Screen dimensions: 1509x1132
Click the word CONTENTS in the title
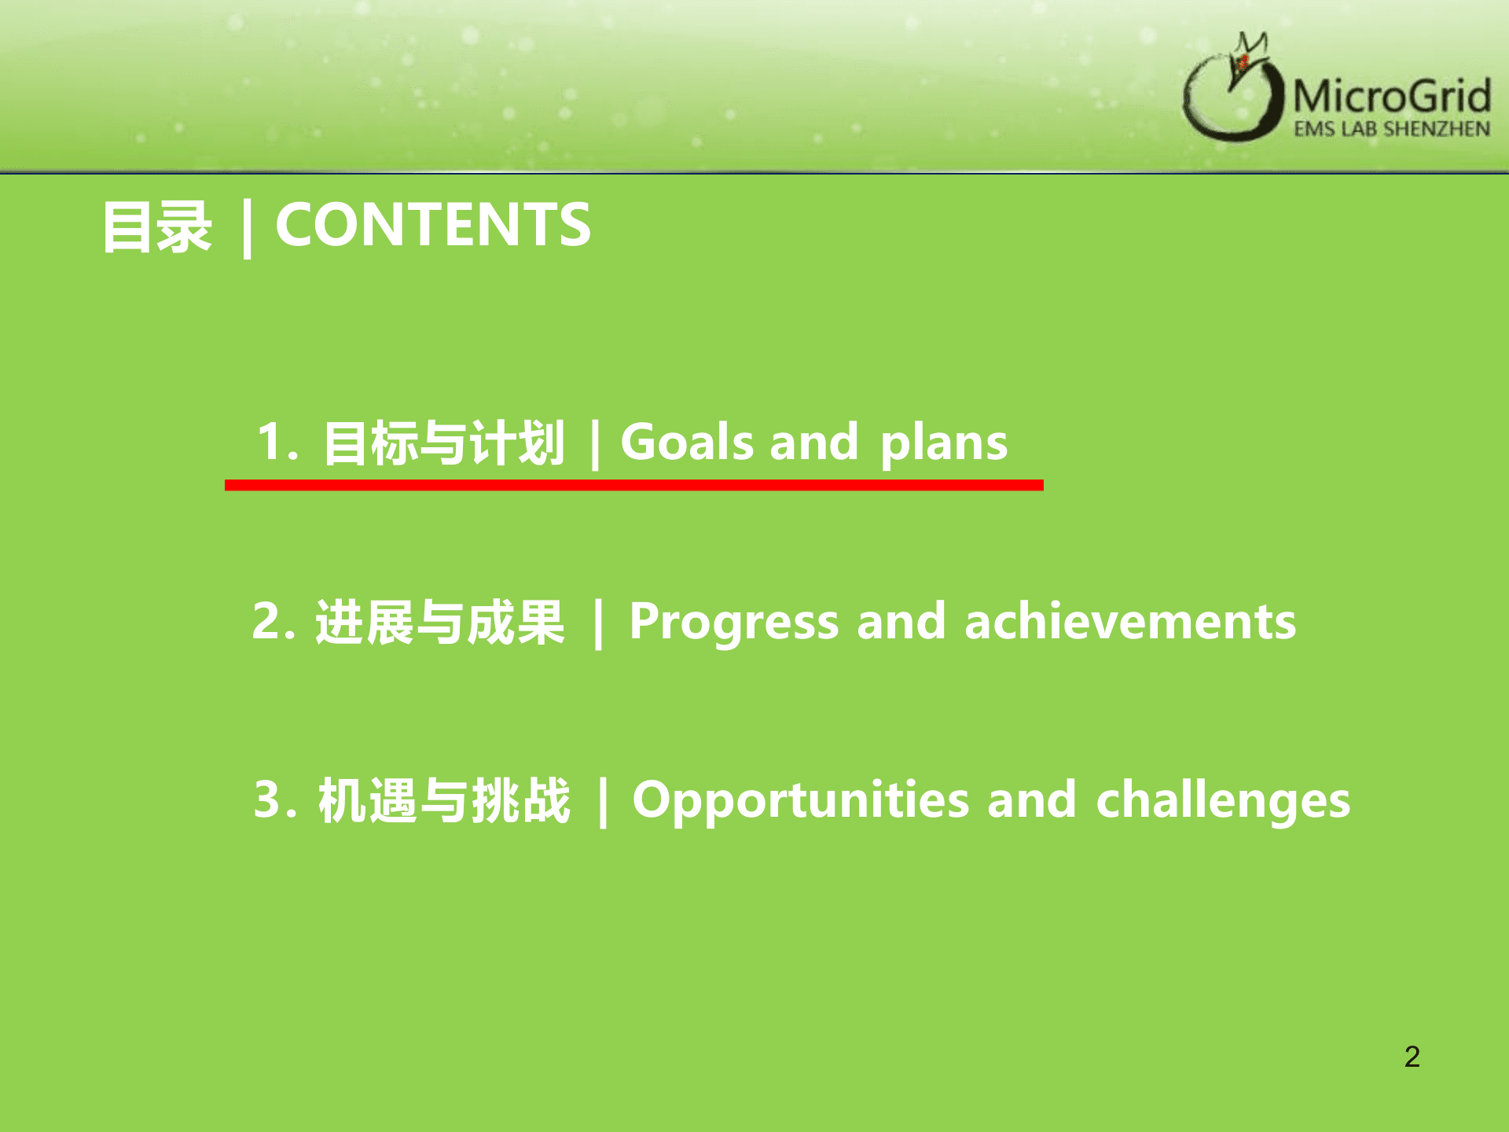click(x=433, y=225)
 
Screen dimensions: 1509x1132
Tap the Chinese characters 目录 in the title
click(x=157, y=226)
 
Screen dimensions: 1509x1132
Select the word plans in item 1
click(x=943, y=444)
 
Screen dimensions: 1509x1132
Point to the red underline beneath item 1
click(x=634, y=485)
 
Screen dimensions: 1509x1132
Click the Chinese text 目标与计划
click(x=444, y=443)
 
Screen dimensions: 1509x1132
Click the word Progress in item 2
click(x=734, y=623)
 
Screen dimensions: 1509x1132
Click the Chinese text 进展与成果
click(x=440, y=622)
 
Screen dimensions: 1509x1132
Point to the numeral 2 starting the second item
click(x=268, y=620)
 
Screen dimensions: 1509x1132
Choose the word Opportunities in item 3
click(x=800, y=802)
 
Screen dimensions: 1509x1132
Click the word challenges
click(x=1223, y=802)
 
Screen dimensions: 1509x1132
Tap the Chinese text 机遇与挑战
click(x=444, y=800)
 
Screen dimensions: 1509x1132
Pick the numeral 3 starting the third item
click(x=269, y=799)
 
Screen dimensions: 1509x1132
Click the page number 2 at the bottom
click(x=1412, y=1057)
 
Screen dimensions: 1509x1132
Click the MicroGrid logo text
click(x=1392, y=96)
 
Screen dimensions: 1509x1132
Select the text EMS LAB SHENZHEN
click(x=1392, y=128)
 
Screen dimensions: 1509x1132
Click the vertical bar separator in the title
click(x=247, y=228)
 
